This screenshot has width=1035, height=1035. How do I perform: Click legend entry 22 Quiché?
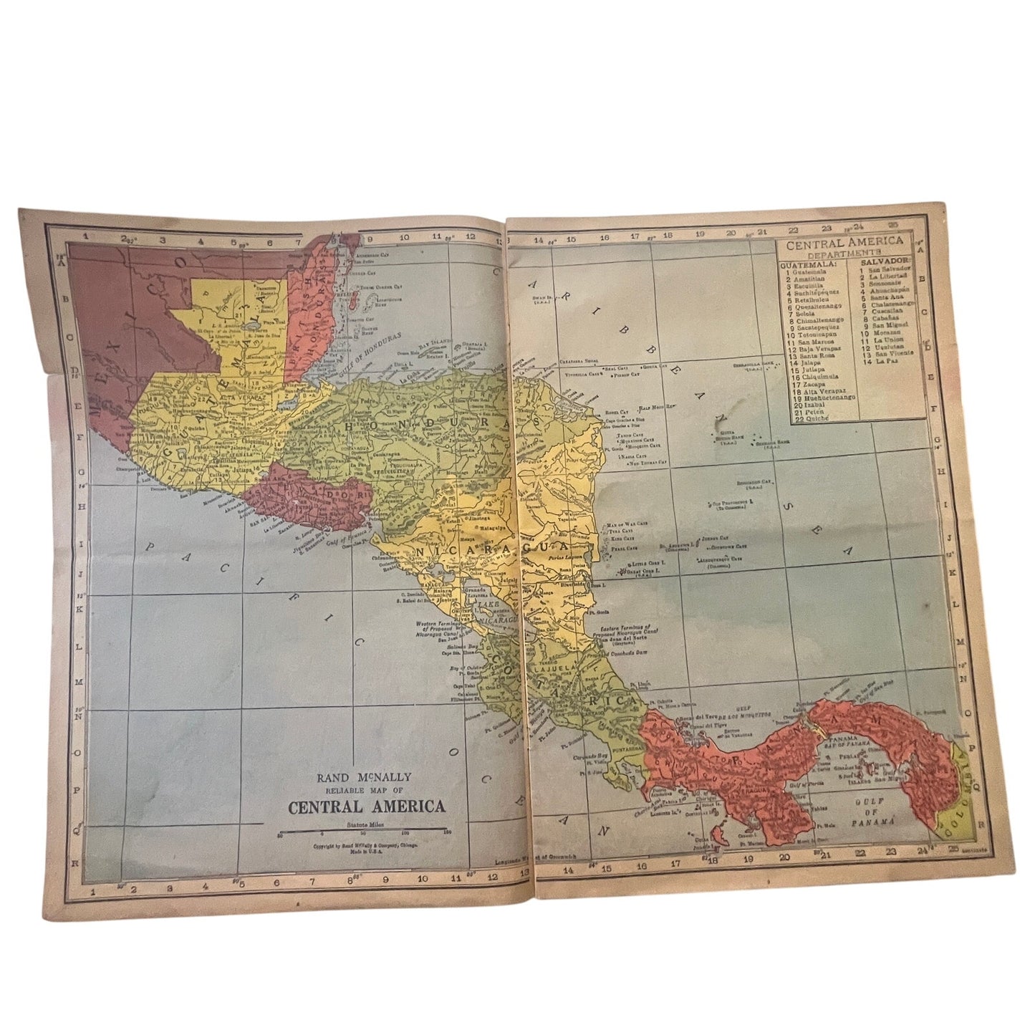(807, 418)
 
